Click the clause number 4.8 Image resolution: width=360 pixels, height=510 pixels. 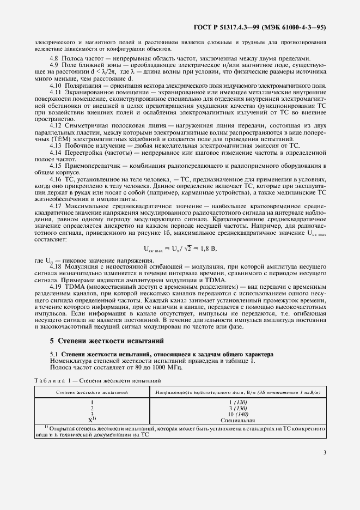tap(54, 58)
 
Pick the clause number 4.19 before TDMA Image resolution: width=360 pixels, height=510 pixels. tap(56, 286)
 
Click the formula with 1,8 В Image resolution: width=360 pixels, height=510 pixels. tap(179, 248)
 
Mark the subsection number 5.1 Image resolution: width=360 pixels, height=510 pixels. tap(54, 354)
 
